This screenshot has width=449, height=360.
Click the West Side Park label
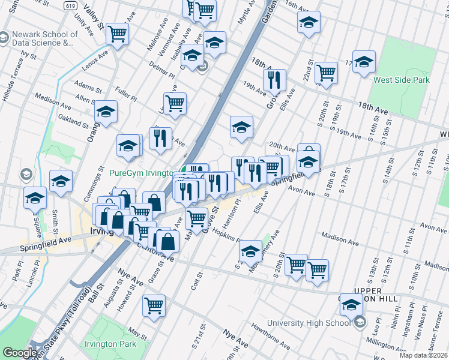(x=401, y=79)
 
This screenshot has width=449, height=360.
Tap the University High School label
(x=309, y=323)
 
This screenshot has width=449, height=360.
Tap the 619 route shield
(x=70, y=4)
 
